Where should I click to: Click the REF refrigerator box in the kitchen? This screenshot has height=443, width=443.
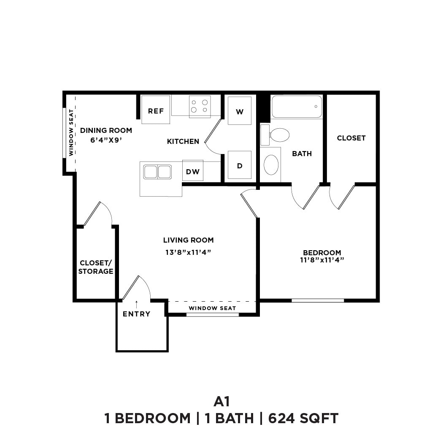pos(156,110)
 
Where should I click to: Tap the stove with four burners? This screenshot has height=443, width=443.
pos(200,106)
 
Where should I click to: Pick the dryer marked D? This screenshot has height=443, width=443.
pos(240,165)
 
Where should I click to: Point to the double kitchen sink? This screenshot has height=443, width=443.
pos(157,172)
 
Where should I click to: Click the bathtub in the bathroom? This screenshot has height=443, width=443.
pos(297,107)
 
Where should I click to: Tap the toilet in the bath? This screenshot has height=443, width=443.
pos(276,135)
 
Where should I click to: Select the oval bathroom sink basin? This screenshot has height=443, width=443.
pos(271,165)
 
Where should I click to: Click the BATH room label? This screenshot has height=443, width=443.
pos(302,154)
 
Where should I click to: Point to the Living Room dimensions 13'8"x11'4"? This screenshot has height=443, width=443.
pos(188,252)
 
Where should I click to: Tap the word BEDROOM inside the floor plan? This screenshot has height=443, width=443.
pos(322,253)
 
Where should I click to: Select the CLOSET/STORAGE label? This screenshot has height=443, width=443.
pos(96,267)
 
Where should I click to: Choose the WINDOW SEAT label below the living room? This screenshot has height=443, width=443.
pos(212,308)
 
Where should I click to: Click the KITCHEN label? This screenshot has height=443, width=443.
pos(183,141)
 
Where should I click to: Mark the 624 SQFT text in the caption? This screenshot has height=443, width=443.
pos(303,418)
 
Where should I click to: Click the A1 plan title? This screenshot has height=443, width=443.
pos(221,400)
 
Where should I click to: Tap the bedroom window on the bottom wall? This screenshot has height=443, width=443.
pos(318,300)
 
